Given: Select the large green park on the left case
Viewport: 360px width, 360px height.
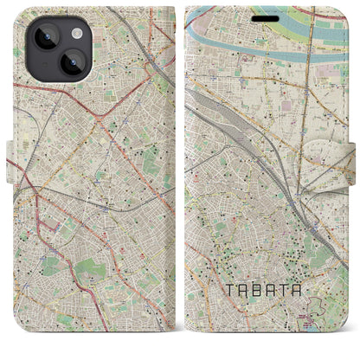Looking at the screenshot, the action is (87, 273).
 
